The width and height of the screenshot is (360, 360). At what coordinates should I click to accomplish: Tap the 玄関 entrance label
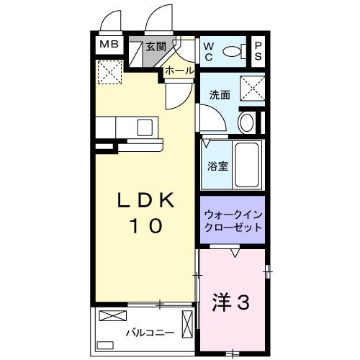(156, 47)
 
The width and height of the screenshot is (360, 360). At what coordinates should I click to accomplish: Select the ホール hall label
(179, 71)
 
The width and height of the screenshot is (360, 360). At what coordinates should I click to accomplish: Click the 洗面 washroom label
(220, 95)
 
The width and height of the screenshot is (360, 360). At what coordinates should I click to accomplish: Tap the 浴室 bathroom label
(219, 166)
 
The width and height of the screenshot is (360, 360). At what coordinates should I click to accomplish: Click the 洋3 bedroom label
(230, 302)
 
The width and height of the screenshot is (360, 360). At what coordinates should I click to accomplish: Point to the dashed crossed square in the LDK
(111, 71)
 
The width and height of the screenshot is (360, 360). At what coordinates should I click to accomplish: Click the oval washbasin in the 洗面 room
(246, 122)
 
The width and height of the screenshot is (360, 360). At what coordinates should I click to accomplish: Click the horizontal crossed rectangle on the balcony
(112, 315)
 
